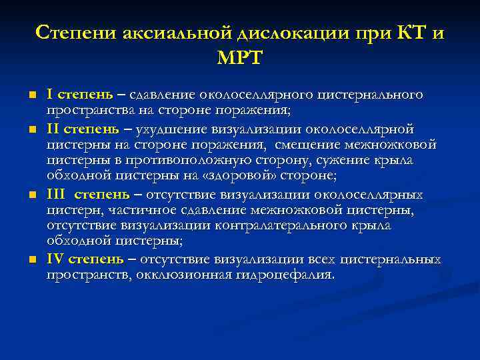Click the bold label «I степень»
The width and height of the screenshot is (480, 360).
[x=77, y=95]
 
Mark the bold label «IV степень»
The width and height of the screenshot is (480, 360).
[x=84, y=259]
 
